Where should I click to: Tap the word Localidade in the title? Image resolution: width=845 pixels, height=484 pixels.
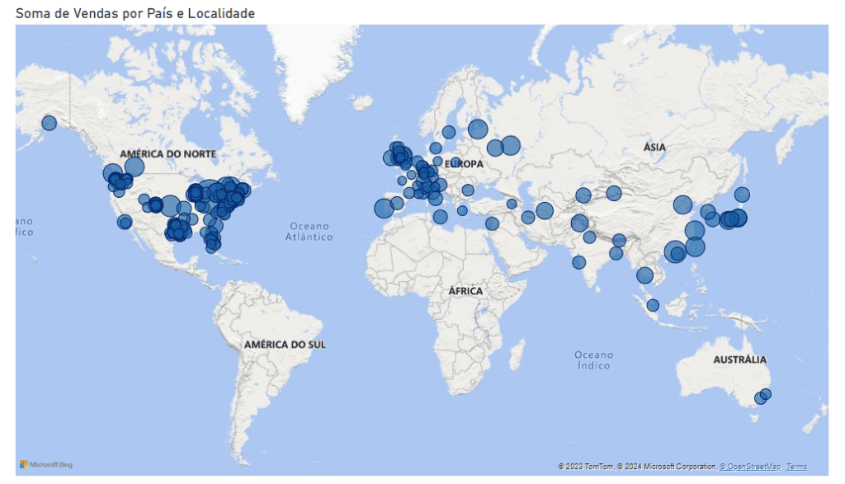coord(222,13)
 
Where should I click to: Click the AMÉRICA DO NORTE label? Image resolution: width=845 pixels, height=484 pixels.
coord(168,154)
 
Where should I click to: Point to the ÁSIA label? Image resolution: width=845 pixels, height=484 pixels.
coord(654,147)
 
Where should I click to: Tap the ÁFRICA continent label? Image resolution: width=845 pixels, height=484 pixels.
coord(465,291)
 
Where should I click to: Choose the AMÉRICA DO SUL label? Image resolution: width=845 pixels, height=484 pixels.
coord(285,344)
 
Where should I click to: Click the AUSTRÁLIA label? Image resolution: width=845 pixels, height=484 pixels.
coord(739,359)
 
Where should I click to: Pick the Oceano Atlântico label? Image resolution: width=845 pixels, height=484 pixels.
coord(309,232)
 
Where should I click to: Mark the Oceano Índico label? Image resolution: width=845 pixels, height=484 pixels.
coord(593,359)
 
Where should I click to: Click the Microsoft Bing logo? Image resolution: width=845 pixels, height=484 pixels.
coord(46,465)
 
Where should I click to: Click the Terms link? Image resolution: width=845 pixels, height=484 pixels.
coord(796,467)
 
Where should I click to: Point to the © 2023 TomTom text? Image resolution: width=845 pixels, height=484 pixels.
coord(586,467)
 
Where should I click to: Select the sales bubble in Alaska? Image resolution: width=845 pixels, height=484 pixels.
coord(49,123)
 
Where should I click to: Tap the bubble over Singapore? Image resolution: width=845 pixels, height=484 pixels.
coord(653,305)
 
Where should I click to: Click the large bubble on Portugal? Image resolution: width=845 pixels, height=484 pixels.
coord(384,209)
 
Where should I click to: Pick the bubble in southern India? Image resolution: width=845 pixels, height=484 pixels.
coord(579,262)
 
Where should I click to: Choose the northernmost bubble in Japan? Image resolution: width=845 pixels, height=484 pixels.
coord(742,195)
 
